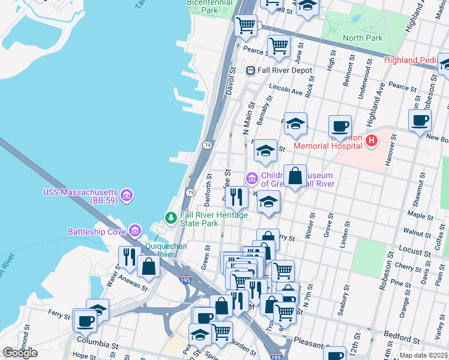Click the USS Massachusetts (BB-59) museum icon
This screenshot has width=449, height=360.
[126, 195]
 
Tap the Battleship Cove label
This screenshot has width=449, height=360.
[96, 232]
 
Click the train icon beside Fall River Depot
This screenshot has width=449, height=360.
[251, 70]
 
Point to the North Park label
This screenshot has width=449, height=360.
[362, 38]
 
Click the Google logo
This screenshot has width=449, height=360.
[20, 352]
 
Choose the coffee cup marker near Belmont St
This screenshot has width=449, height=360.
[340, 126]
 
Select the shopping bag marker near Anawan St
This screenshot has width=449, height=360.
[148, 267]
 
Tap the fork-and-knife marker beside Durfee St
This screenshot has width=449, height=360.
[237, 197]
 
